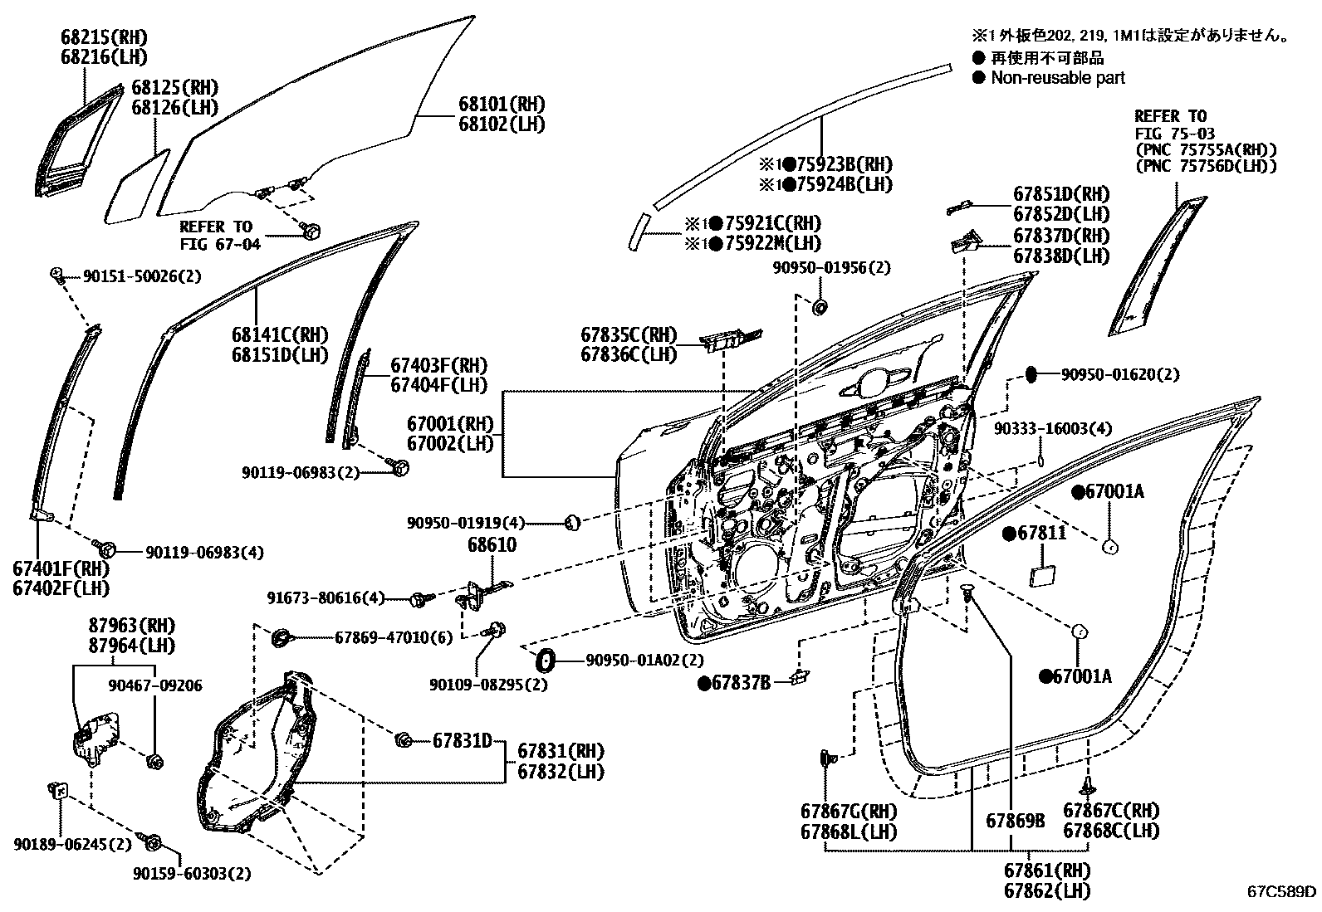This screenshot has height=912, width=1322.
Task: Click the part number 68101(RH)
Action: [x=502, y=105]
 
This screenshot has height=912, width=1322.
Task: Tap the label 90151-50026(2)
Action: [x=130, y=276]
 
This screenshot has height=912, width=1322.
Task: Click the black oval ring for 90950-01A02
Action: [x=546, y=661]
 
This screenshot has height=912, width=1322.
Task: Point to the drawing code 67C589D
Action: [x=1281, y=892]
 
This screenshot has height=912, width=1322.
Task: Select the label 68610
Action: [x=492, y=545]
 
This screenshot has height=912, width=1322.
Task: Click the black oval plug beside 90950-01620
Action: [x=1031, y=374]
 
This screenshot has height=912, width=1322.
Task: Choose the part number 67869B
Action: [x=1015, y=821]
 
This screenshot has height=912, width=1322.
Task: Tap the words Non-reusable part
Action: [x=1058, y=78]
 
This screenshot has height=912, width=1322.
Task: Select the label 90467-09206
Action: [x=155, y=685]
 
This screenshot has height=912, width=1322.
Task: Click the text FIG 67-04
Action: [x=220, y=244]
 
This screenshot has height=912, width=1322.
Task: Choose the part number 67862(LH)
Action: [x=1046, y=890]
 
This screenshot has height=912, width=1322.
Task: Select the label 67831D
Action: [x=462, y=740]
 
